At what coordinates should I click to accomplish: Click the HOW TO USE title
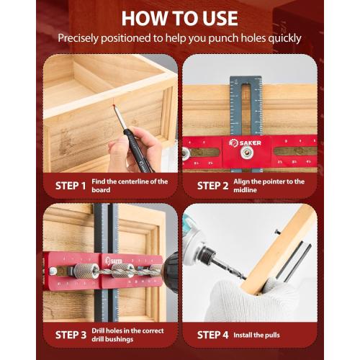(x=180, y=17)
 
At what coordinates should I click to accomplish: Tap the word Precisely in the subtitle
(x=80, y=37)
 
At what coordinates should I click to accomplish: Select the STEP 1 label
(x=71, y=186)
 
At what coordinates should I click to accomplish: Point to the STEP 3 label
(x=71, y=334)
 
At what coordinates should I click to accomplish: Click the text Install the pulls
(x=258, y=335)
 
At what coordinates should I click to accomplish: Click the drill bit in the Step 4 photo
(x=228, y=269)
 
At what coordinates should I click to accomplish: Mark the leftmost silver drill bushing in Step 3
(x=84, y=271)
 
